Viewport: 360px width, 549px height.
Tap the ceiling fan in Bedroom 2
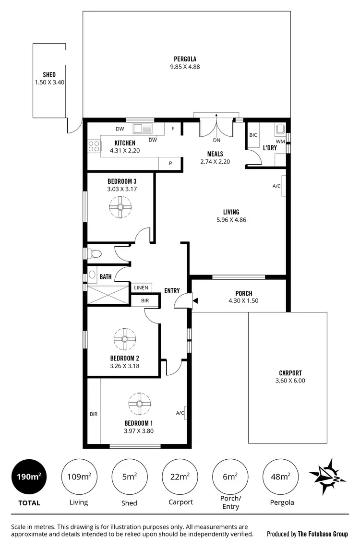coord(124,339)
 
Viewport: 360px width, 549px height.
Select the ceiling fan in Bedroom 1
coord(140,404)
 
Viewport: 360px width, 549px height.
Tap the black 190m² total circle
coord(29,477)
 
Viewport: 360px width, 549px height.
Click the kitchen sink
coord(143,128)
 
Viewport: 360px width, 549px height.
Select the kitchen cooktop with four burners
coord(94,146)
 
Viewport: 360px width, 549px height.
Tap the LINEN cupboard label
coord(141,287)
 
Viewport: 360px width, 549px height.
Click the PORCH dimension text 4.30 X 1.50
coord(244,301)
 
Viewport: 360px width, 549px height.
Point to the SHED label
coord(49,75)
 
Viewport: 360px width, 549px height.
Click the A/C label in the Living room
coord(276,186)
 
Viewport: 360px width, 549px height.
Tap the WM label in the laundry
coord(280,141)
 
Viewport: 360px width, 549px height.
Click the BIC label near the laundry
coord(253,135)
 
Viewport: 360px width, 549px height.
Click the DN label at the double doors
coord(216,141)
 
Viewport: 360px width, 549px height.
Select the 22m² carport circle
coord(180,477)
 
